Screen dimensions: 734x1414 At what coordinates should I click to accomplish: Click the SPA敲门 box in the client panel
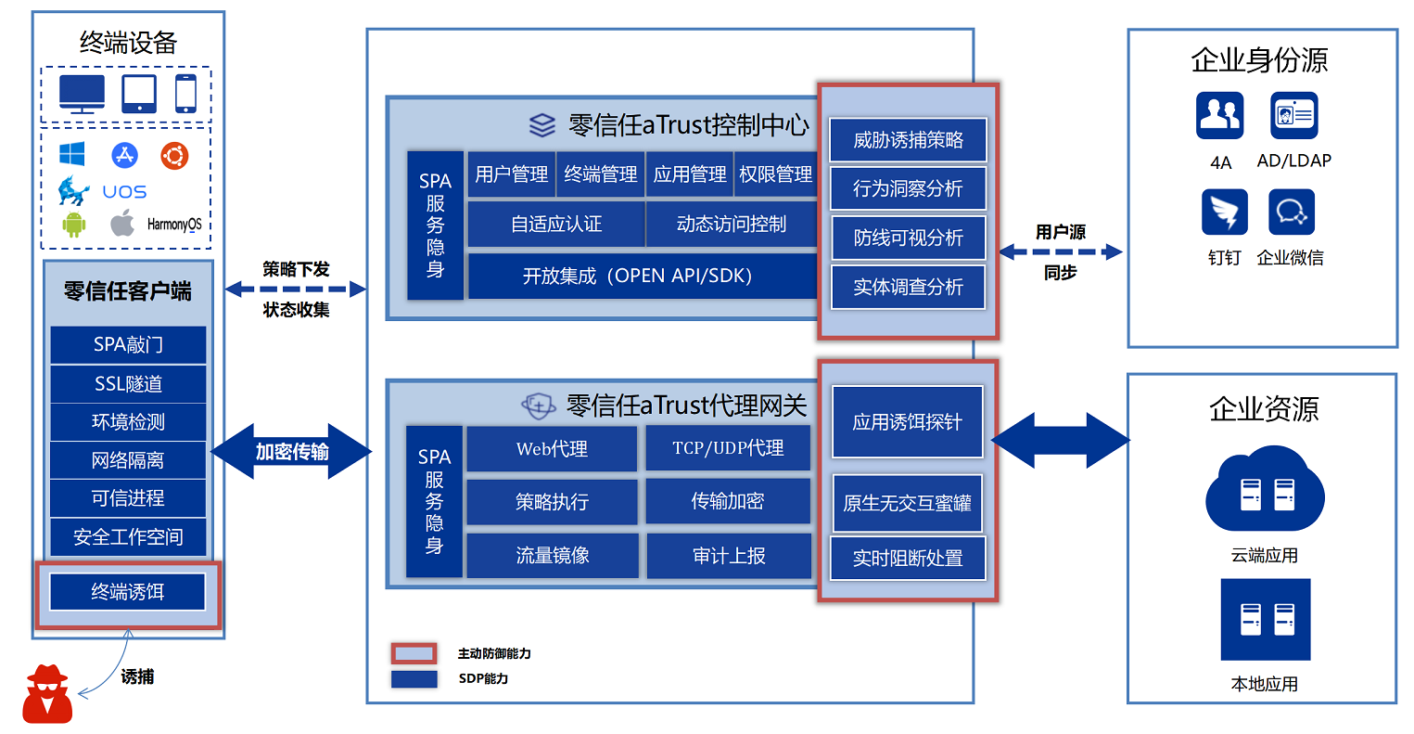tap(128, 344)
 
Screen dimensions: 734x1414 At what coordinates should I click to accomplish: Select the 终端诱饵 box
tap(128, 592)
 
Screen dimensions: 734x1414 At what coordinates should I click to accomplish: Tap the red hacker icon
tap(47, 694)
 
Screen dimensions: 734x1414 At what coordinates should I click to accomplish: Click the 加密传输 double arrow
tap(291, 452)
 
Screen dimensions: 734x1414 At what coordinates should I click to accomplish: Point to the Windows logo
tap(72, 154)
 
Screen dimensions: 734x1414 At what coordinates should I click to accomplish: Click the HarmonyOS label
tap(174, 224)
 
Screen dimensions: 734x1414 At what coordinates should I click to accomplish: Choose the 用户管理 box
tap(511, 174)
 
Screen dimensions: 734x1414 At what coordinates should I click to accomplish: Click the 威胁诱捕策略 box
tap(908, 140)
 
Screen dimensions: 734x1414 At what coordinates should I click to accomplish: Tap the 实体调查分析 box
tap(908, 288)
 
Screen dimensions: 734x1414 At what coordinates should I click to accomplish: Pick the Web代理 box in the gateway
tap(552, 449)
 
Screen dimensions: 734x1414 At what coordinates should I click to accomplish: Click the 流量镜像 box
tap(552, 556)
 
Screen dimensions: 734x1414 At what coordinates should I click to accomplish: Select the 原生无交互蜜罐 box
tap(907, 503)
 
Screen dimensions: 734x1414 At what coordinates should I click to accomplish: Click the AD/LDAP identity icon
tap(1293, 116)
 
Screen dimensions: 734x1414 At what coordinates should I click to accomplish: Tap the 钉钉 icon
tap(1224, 212)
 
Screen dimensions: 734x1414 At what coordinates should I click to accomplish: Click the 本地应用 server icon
tap(1266, 619)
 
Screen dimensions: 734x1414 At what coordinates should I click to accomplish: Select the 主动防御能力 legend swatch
tap(414, 653)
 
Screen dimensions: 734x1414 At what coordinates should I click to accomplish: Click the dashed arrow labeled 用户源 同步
tap(1061, 252)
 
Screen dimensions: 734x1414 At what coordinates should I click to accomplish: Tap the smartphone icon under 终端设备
tap(185, 94)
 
